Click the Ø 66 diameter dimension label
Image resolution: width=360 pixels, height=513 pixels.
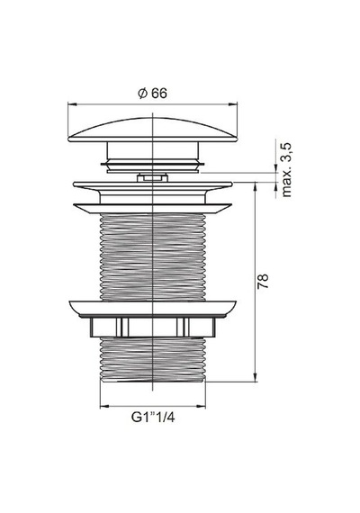(152, 94)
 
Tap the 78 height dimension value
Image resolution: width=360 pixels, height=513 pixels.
(263, 281)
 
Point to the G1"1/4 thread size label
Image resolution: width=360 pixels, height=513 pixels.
(153, 418)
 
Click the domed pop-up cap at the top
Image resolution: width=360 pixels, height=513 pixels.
(152, 130)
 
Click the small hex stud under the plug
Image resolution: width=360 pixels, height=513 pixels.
(152, 178)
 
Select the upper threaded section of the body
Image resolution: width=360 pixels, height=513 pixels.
(152, 256)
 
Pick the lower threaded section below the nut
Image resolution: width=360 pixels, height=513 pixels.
(152, 359)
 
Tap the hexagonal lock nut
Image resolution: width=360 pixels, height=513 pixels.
(152, 328)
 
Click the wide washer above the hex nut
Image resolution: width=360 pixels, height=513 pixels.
(152, 308)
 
